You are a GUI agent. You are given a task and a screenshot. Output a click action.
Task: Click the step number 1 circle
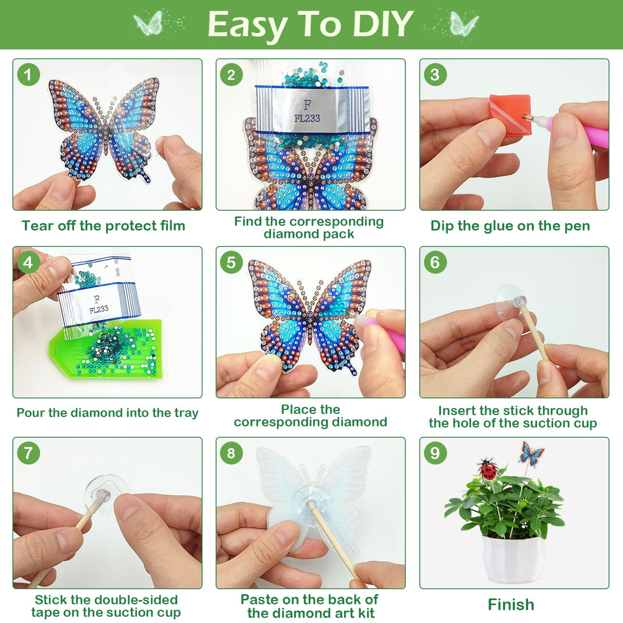click(28, 75)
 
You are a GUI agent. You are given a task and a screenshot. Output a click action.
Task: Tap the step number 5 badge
click(231, 262)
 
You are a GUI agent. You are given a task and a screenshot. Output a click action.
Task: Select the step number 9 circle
click(435, 453)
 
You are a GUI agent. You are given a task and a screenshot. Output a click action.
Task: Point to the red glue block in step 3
click(505, 115)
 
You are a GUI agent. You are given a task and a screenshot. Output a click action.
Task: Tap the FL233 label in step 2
click(307, 118)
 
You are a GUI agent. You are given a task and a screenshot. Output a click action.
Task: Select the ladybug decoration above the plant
click(488, 469)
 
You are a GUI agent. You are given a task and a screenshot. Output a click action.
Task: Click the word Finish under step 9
click(511, 605)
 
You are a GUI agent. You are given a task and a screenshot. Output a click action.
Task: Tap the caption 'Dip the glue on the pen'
click(510, 226)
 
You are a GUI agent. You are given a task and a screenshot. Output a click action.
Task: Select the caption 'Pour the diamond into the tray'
click(107, 413)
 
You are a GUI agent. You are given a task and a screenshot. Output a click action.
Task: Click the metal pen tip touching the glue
click(528, 118)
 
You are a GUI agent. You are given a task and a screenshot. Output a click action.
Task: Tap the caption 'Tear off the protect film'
click(103, 226)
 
